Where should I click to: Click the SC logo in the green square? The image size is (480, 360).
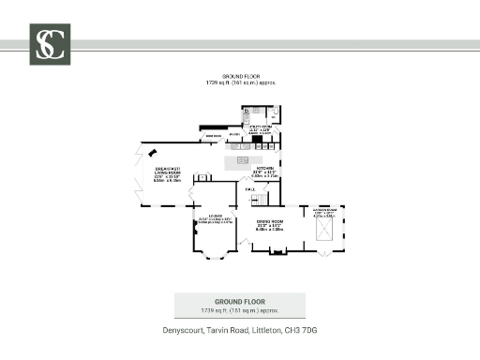(50, 44)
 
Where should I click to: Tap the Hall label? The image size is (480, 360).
(250, 190)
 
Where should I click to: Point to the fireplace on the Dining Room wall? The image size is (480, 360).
(277, 252)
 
